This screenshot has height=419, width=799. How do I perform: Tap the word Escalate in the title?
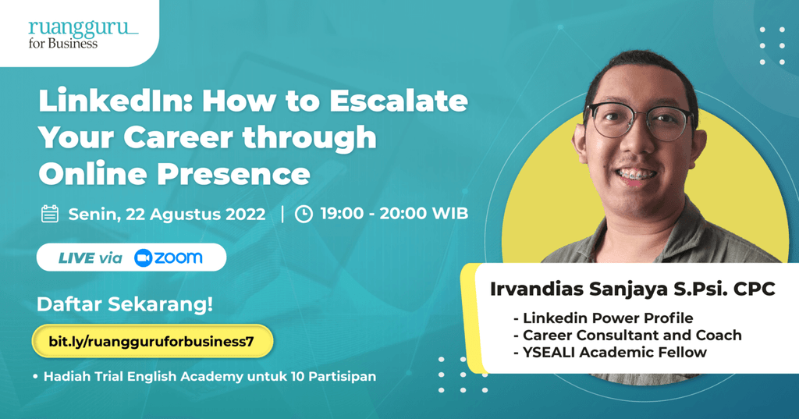[x=399, y=101]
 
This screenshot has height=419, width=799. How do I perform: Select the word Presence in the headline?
[x=233, y=174]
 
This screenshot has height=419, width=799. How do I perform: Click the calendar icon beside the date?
[x=50, y=214]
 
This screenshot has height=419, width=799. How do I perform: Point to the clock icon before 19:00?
[x=304, y=214]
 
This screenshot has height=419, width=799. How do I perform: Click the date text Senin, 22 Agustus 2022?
[x=167, y=214]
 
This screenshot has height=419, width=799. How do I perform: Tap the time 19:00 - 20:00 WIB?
[x=394, y=214]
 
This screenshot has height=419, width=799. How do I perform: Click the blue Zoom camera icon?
[x=144, y=258]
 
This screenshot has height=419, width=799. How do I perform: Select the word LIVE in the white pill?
[x=76, y=258]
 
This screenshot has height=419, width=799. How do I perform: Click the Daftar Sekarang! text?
[x=125, y=304]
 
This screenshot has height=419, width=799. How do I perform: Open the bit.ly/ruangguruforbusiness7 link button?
[x=152, y=341]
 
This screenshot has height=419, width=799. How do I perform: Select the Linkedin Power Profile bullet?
[x=603, y=318]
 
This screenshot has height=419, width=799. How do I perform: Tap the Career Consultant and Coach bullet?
[x=627, y=336]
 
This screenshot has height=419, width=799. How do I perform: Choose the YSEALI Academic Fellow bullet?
[x=610, y=353]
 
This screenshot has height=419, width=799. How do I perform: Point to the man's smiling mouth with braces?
[x=635, y=175]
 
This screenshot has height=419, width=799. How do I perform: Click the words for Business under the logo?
[x=62, y=44]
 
